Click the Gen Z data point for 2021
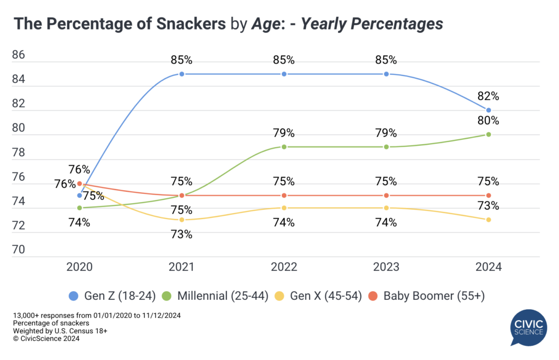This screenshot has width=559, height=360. click(x=182, y=74)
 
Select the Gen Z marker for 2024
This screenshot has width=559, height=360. click(x=489, y=110)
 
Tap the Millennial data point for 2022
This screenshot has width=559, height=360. click(x=284, y=147)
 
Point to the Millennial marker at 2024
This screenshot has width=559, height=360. click(x=489, y=134)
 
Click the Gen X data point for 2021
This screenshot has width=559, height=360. click(x=182, y=220)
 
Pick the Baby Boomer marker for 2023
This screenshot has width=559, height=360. click(x=386, y=196)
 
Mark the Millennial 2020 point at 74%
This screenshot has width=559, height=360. click(x=80, y=208)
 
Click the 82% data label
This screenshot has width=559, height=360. click(x=488, y=96)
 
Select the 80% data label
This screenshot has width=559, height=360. click(x=488, y=121)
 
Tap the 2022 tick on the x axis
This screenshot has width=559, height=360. click(x=284, y=267)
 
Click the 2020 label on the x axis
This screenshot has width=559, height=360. click(x=80, y=267)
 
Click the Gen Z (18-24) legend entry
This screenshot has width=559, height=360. click(x=114, y=296)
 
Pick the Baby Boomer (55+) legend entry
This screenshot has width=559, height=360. click(x=427, y=296)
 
